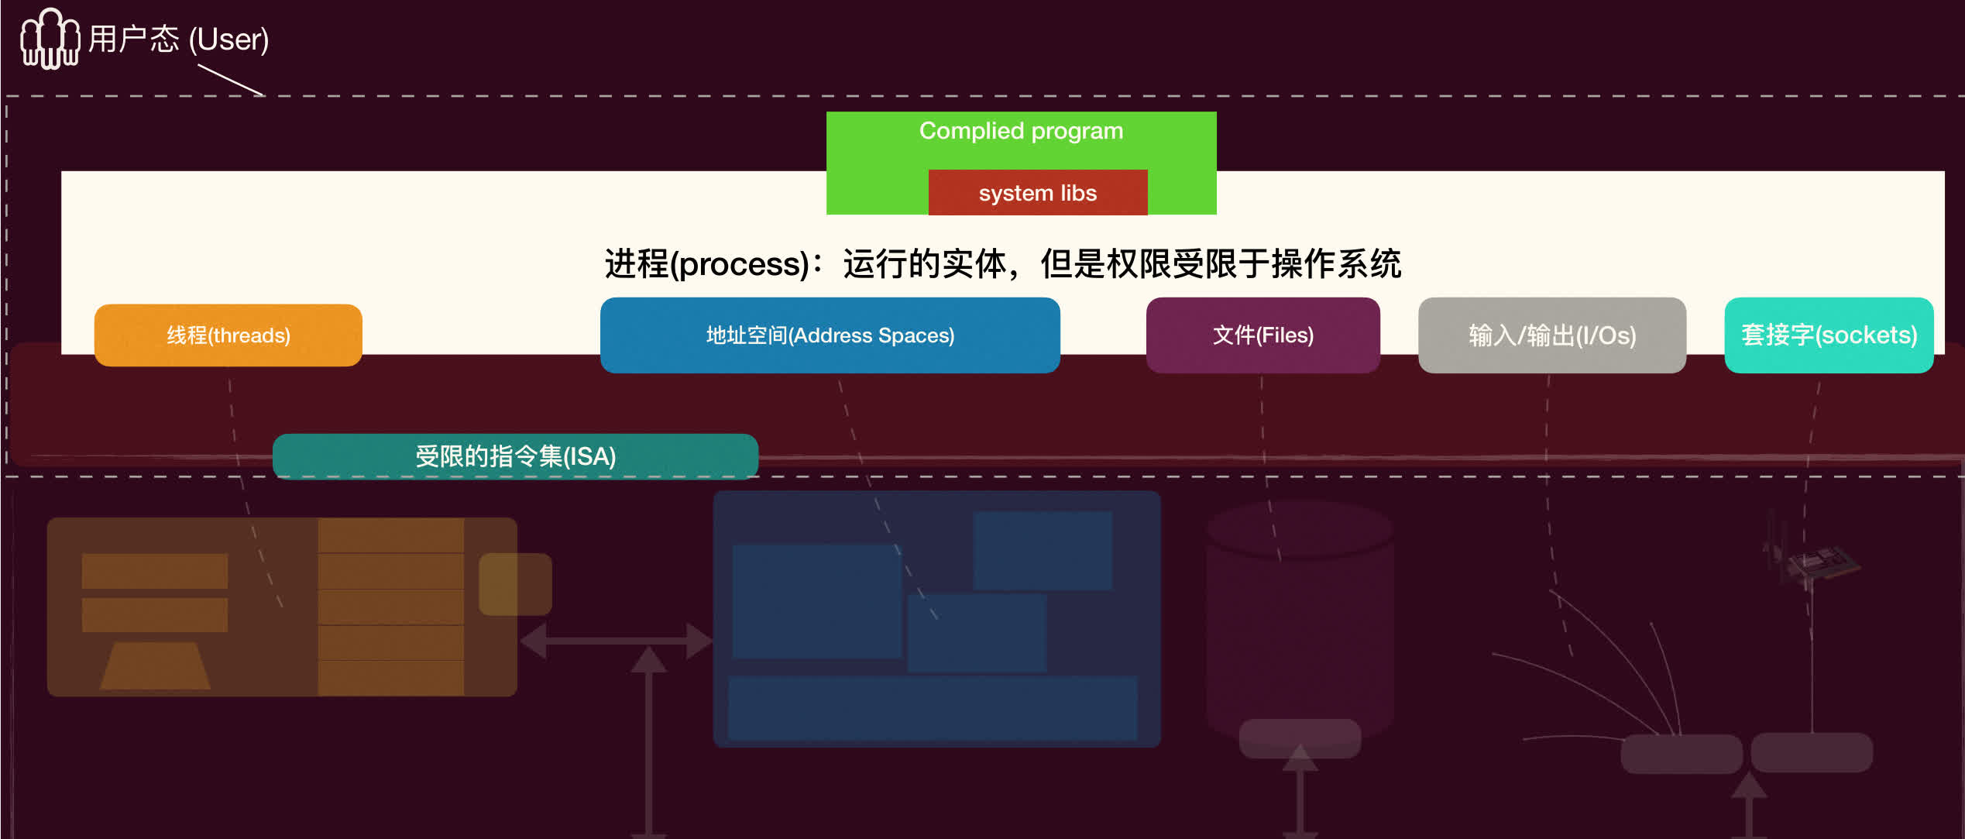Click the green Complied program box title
[1021, 131]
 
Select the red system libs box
[1037, 193]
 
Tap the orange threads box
[228, 335]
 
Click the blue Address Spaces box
[830, 335]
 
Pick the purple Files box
[1262, 335]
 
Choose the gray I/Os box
[1551, 335]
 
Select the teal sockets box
[1828, 335]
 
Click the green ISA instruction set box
[515, 456]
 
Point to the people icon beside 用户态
[50, 39]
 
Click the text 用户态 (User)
[178, 39]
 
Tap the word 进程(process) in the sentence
[706, 264]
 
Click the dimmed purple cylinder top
[1300, 529]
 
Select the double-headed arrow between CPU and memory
[616, 641]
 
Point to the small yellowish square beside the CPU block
[515, 584]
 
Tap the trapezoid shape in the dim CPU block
[155, 665]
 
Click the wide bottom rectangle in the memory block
[933, 707]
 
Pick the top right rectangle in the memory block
[1043, 550]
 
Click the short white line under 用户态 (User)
[231, 80]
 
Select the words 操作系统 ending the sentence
[1336, 264]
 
